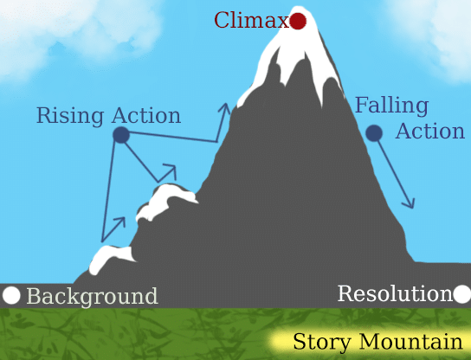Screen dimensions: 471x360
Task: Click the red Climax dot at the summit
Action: [x=298, y=22]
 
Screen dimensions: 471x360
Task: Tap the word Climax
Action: [x=252, y=21]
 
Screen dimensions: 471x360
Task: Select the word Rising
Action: [x=70, y=116]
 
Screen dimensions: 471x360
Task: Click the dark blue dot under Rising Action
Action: [x=121, y=135]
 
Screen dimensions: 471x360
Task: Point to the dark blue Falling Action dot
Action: [x=374, y=132]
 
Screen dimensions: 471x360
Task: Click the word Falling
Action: [x=391, y=106]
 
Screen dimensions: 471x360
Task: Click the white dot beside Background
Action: [x=11, y=295]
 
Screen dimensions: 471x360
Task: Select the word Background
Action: [x=92, y=297]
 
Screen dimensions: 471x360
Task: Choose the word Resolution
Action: [x=395, y=293]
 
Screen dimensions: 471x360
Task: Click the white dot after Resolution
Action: [x=462, y=294]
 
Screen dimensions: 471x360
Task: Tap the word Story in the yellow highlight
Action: [x=322, y=342]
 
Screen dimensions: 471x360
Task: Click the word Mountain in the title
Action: [x=410, y=341]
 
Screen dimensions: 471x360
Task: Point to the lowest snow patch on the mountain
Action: [x=111, y=259]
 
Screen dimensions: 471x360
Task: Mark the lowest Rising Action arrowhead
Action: [x=119, y=222]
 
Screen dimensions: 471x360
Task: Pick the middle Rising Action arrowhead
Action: [x=170, y=170]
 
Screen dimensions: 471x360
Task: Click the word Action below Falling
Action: [x=430, y=131]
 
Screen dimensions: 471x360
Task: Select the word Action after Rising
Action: [x=146, y=115]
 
